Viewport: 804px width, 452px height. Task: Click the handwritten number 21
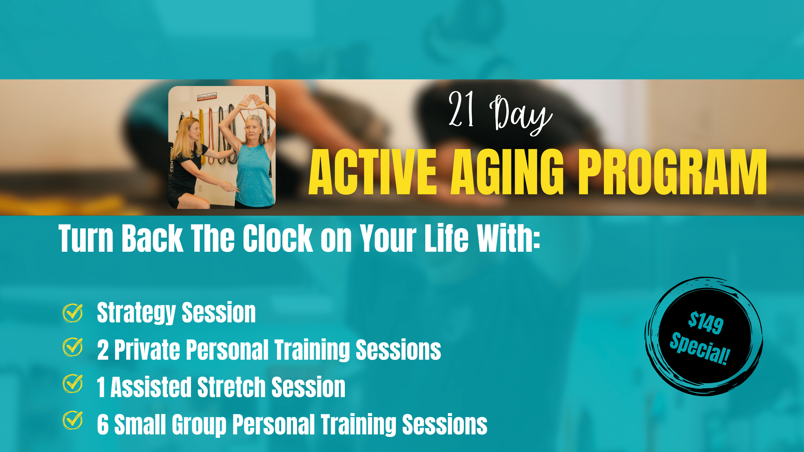[x=461, y=109]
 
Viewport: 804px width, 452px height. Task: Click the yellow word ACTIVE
[x=373, y=172]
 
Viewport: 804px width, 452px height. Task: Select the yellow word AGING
[x=507, y=172]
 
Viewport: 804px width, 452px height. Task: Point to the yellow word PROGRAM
[x=672, y=172]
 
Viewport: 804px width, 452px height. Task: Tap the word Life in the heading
[x=446, y=238]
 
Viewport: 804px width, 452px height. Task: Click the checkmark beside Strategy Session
[x=73, y=313]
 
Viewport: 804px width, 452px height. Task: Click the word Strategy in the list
[x=136, y=313]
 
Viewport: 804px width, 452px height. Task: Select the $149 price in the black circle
[x=705, y=323]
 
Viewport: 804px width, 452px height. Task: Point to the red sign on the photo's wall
[x=207, y=97]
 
